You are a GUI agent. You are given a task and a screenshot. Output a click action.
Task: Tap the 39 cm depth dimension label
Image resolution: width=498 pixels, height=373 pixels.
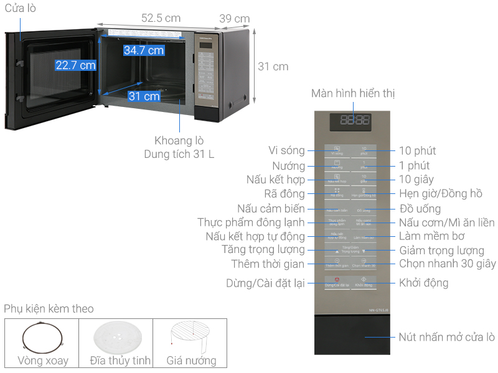click(235, 19)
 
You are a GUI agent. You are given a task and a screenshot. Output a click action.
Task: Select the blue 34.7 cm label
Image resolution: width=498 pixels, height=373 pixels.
click(144, 50)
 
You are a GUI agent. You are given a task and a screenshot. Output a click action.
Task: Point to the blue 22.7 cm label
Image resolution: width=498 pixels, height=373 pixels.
click(75, 65)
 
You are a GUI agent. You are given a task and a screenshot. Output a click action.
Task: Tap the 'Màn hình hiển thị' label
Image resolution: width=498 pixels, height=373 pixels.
click(353, 93)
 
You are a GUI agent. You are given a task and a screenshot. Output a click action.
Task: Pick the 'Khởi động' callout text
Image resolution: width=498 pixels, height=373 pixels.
click(423, 283)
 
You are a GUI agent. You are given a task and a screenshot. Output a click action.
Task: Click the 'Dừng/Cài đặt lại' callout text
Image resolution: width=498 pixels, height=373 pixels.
click(266, 283)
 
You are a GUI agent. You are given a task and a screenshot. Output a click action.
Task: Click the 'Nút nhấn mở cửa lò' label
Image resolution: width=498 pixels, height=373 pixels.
click(446, 337)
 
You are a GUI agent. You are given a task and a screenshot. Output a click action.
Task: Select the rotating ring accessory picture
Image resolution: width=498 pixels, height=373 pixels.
click(42, 339)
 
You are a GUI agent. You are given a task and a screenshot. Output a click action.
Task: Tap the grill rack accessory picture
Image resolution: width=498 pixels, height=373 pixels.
click(190, 337)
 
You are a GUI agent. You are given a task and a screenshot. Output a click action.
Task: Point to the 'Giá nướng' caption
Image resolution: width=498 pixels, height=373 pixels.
click(191, 360)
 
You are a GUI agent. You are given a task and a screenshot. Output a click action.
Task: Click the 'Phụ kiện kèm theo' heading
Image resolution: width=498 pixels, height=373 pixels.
click(49, 309)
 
